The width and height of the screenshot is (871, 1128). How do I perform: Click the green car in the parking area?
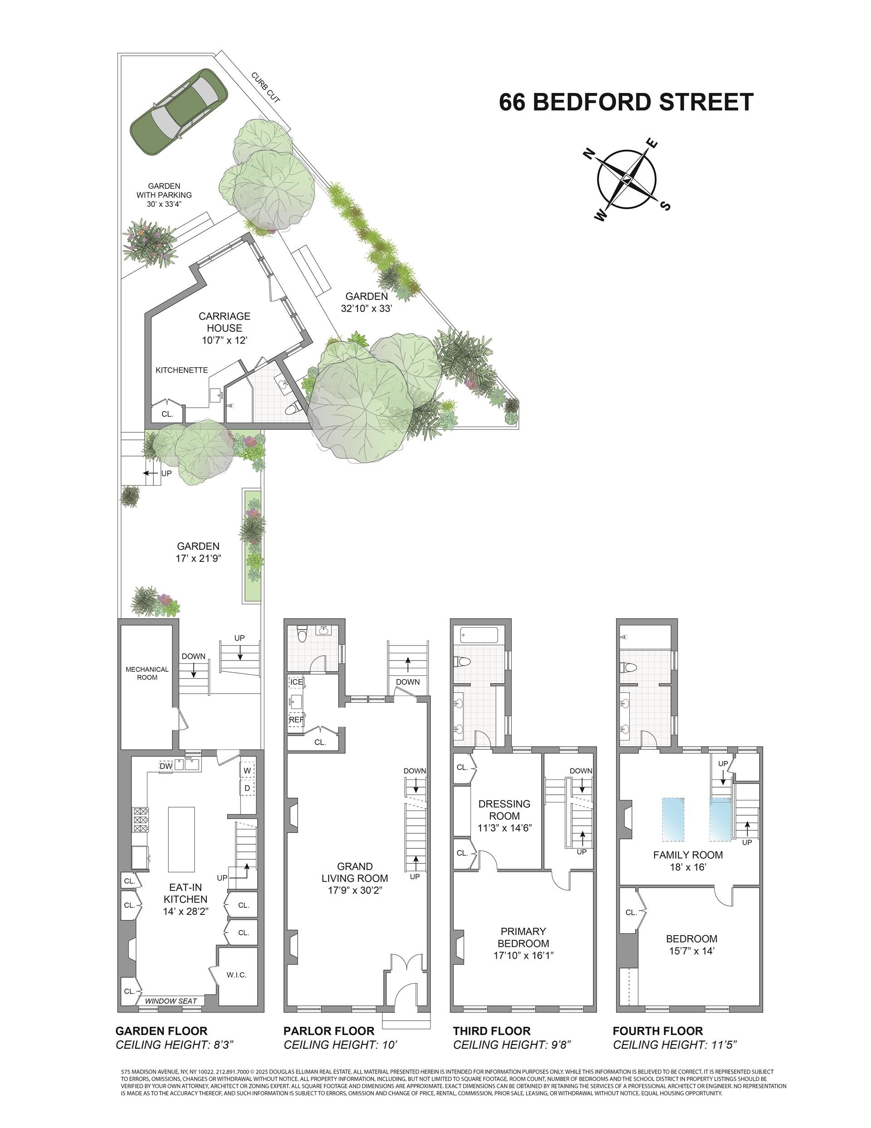pyautogui.click(x=179, y=112)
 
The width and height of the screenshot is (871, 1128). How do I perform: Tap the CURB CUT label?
pyautogui.click(x=266, y=87)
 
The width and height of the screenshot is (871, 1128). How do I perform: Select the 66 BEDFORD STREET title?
pyautogui.click(x=626, y=102)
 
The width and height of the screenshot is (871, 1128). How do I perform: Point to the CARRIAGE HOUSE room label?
pyautogui.click(x=225, y=322)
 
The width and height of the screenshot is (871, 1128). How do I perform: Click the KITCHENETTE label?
pyautogui.click(x=182, y=370)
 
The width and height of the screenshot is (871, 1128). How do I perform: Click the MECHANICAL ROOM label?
pyautogui.click(x=147, y=673)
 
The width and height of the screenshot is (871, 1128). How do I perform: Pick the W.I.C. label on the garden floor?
pyautogui.click(x=236, y=975)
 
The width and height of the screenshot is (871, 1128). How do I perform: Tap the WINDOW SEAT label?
pyautogui.click(x=171, y=1001)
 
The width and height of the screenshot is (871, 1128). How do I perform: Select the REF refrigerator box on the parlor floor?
pyautogui.click(x=296, y=719)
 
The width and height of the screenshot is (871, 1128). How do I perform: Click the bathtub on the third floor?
pyautogui.click(x=479, y=635)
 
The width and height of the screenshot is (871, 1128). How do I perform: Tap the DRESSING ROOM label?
pyautogui.click(x=504, y=810)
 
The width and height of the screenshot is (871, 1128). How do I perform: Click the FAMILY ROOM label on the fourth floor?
pyautogui.click(x=688, y=855)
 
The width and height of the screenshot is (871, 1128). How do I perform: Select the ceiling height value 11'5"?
pyautogui.click(x=723, y=1045)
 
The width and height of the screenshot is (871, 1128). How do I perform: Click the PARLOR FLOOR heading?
pyautogui.click(x=329, y=1031)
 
